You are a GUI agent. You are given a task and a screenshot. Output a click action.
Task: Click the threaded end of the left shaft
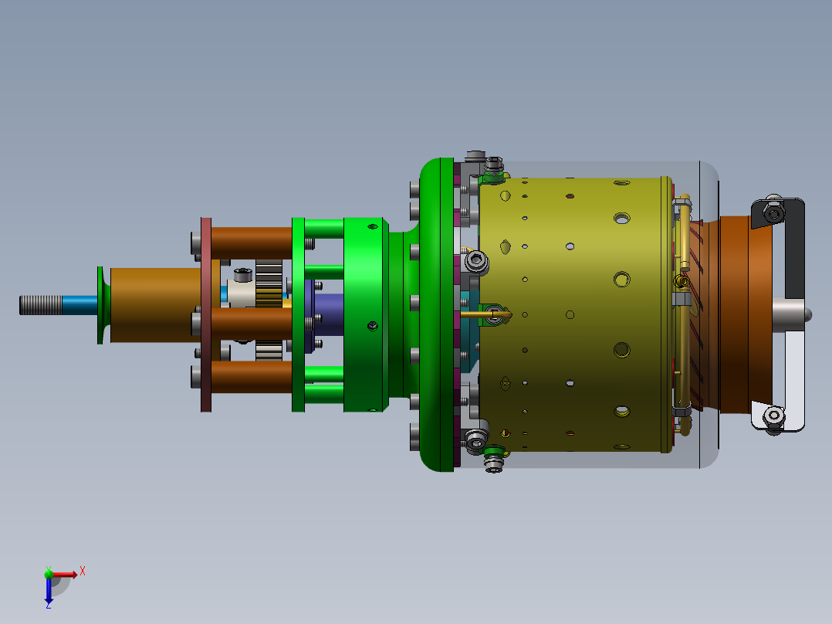pos(41,305)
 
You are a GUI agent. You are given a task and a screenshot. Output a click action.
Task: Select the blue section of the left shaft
pos(80,305)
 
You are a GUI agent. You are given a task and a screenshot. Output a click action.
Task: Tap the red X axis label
pos(83,571)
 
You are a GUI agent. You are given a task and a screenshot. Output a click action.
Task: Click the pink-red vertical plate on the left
pos(206,314)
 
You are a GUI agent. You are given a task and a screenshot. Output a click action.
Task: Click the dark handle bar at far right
pos(794,249)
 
